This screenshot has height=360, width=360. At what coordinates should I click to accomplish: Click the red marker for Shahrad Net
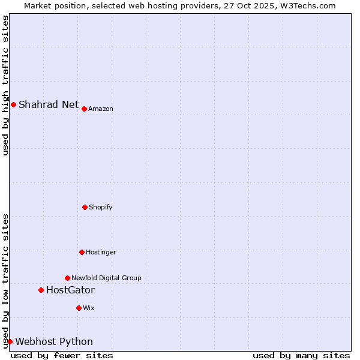pos(13,104)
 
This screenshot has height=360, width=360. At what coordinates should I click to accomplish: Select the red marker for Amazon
pos(84,109)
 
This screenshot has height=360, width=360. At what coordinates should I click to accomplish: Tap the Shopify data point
pos(85,207)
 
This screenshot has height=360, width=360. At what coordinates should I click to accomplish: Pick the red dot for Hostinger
pos(82,252)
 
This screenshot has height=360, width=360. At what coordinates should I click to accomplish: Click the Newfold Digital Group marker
pos(67,278)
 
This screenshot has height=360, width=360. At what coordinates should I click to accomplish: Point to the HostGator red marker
pos(41,290)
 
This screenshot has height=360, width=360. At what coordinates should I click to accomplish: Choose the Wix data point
pos(79,308)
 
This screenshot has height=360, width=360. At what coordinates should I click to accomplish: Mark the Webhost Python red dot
pos(10,341)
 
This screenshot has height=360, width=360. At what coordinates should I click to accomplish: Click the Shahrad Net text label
pos(49,104)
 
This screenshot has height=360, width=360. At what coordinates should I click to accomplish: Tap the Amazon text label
pos(101,109)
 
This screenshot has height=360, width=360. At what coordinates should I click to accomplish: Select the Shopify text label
pos(101,207)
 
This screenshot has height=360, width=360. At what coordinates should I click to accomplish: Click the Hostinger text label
pos(101,252)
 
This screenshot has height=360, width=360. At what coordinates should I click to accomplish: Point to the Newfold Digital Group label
pos(106,278)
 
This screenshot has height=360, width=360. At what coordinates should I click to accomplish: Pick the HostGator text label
pos(70,290)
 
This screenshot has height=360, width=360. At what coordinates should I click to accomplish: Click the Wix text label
pos(89,308)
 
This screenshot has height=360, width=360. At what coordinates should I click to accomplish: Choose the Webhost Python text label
pos(54,342)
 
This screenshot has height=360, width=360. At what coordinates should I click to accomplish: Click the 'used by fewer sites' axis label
pos(62,355)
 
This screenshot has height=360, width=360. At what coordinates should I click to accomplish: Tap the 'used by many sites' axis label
pos(301,355)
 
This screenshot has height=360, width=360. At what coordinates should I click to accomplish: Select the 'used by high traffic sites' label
pos(5,85)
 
